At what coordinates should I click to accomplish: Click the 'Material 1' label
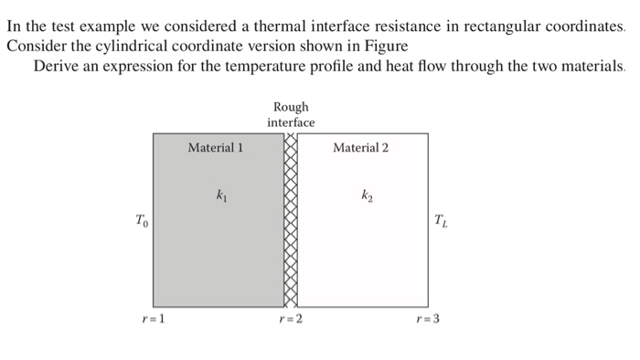215,147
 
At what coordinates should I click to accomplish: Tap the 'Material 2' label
361,147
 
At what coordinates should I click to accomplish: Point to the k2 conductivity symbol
367,195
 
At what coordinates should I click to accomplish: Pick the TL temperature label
442,220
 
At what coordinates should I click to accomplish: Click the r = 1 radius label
153,319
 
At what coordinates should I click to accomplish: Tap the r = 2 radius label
291,319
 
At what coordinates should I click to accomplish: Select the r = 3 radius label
428,319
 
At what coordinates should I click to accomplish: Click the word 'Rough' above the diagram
291,107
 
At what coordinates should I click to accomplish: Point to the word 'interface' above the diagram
291,122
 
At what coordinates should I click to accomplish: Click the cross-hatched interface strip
291,219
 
